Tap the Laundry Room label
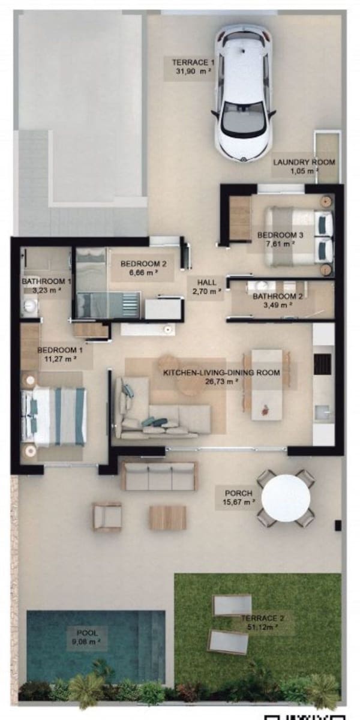[x=304, y=162]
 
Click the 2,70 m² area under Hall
[x=207, y=294]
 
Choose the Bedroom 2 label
[x=143, y=263]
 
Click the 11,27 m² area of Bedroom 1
[x=56, y=361]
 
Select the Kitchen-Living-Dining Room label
[x=221, y=373]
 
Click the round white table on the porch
[x=286, y=497]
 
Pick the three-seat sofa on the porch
[x=159, y=476]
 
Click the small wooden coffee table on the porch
[x=167, y=517]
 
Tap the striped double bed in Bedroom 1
[x=55, y=416]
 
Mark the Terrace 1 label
[x=193, y=62]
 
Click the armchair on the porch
[x=107, y=517]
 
